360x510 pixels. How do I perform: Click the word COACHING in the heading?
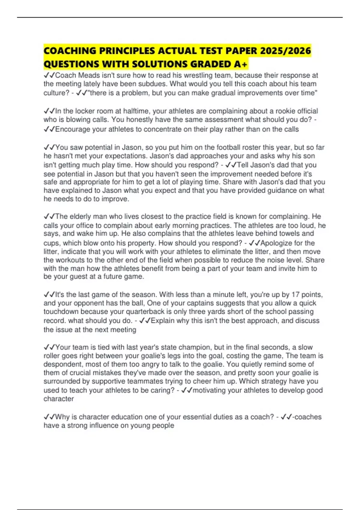70,51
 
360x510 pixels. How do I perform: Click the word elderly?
80,217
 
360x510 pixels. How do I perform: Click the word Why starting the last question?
62,417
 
